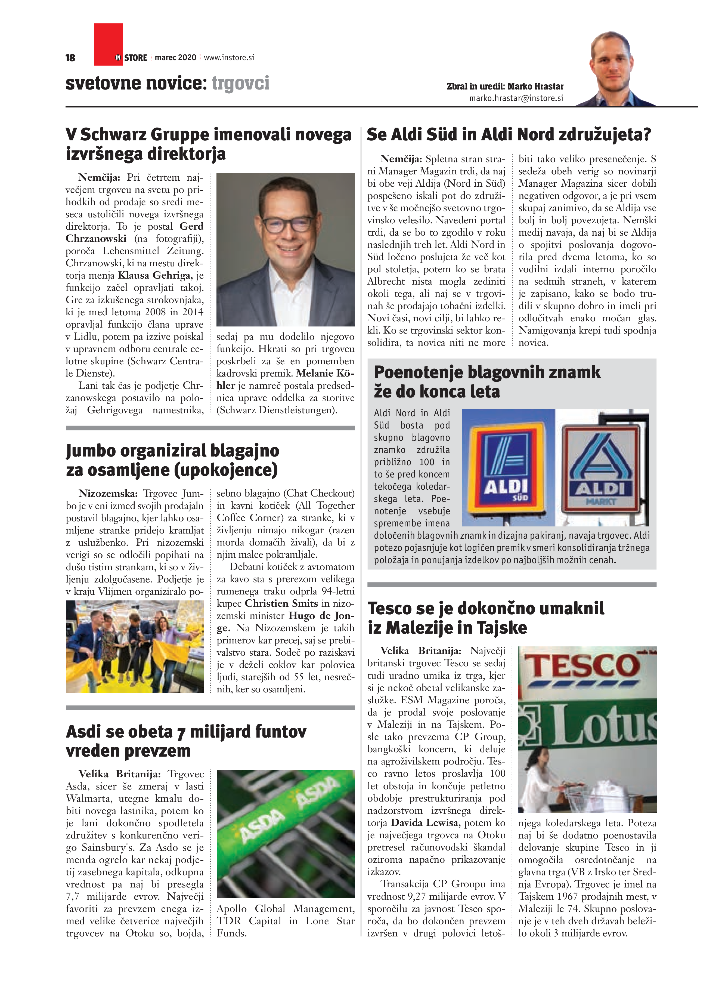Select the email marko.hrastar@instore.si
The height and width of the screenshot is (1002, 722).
[516, 98]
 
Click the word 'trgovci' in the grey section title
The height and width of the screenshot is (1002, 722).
[241, 83]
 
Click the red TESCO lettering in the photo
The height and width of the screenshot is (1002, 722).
[582, 666]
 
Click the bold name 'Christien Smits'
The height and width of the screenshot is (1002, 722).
[281, 603]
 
